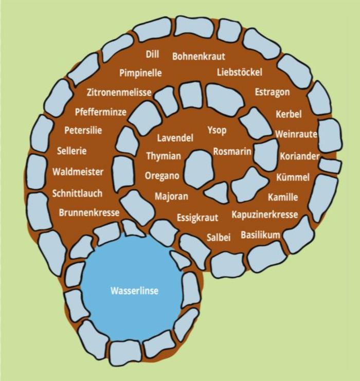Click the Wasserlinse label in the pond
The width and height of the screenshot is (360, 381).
pos(134,291)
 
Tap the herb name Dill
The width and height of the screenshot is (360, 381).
pos(153,55)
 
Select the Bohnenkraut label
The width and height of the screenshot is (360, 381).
pos(199,56)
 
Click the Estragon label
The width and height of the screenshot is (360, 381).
pos(273,92)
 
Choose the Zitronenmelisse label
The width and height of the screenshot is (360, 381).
pos(119,93)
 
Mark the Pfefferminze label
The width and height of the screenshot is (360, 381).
pos(100,112)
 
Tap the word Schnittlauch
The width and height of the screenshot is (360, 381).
pos(77,193)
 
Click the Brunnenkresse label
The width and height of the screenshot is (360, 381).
pos(89,212)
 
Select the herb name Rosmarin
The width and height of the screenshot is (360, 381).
pos(232,152)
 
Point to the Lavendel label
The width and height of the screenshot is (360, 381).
pos(175,138)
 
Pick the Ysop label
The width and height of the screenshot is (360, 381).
pos(217,130)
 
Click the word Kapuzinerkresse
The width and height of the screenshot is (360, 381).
pos(264,214)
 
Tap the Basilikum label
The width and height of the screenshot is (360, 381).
pos(261,235)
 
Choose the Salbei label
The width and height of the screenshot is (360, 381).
pos(219,237)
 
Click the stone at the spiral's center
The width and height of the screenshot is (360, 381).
pos(199,170)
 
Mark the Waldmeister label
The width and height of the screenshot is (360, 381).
pos(78,172)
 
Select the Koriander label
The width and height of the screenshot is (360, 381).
pos(300,156)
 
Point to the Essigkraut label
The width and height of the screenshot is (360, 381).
pos(197,217)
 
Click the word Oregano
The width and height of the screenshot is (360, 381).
pos(162,176)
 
